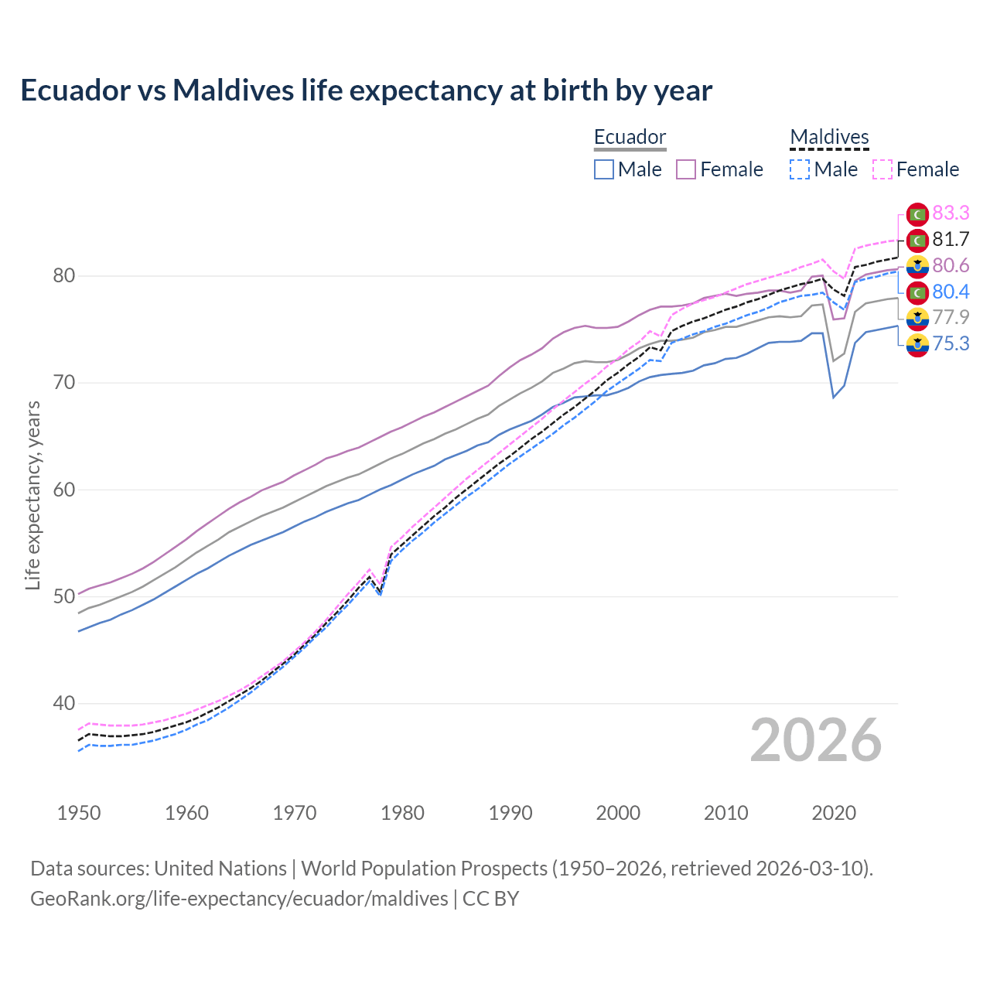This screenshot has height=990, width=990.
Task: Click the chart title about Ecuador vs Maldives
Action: click(366, 90)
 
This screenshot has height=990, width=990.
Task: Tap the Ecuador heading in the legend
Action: click(630, 137)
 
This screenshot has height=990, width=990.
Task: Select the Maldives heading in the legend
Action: click(829, 137)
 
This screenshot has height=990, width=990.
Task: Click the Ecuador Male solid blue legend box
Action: click(604, 169)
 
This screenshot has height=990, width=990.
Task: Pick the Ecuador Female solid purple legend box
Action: click(686, 169)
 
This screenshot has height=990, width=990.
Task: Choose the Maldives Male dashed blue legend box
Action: click(800, 169)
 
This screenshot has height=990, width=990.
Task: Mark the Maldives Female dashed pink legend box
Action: click(882, 169)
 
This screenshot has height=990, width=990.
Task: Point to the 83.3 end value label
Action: click(951, 213)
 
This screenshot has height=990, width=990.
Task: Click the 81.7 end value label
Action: click(951, 239)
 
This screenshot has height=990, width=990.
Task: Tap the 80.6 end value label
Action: click(951, 265)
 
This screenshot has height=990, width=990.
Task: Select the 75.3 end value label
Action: click(951, 343)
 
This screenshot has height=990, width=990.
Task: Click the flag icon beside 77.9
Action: click(917, 318)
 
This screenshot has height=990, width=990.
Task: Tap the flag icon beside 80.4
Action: click(917, 292)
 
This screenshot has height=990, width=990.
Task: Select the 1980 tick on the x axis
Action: click(402, 813)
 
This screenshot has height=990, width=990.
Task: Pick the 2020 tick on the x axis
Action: click(834, 813)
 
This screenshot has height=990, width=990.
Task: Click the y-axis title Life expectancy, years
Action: click(32, 495)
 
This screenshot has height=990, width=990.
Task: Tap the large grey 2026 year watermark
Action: click(816, 740)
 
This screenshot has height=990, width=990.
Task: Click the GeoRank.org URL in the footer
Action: click(239, 898)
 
